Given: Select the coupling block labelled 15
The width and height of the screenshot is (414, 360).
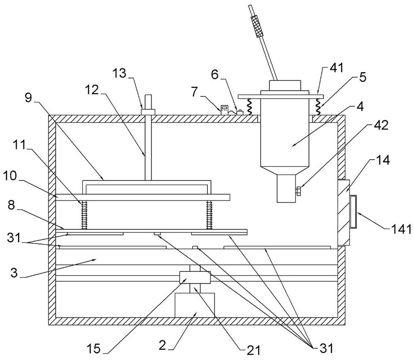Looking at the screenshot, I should tap(195, 277).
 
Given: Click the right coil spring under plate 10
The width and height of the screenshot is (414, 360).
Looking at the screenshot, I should tap(209, 215).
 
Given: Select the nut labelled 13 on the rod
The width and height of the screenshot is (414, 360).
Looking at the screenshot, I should tap(148, 111).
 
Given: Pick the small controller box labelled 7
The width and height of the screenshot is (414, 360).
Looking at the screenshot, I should tap(224, 109).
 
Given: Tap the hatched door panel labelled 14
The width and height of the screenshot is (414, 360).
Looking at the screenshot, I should tap(343, 212).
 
